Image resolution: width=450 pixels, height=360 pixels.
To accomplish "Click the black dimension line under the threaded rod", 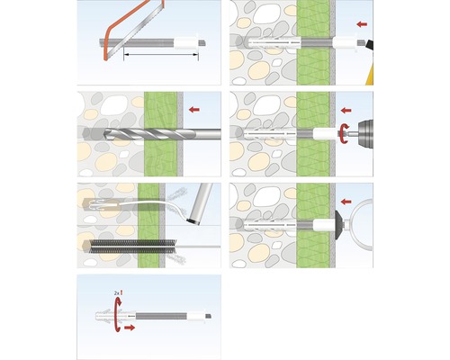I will [162, 57].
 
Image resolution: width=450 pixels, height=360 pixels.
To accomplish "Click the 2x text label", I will [118, 294].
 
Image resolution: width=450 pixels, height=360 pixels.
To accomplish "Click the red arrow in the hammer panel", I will [362, 23].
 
